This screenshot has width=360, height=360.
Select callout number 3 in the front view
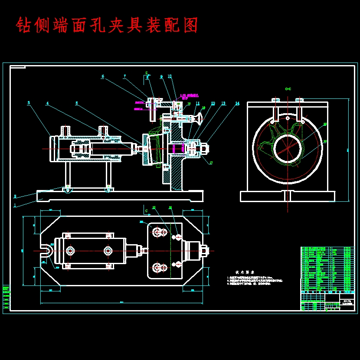tap(29, 103)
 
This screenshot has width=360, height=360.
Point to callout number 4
tap(47, 104)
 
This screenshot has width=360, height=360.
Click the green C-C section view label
tap(288, 89)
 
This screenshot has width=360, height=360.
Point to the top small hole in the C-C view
tap(287, 118)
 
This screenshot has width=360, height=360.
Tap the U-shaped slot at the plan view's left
tap(46, 250)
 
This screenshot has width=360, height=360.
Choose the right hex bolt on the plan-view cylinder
tap(108, 250)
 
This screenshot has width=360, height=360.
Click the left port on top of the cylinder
tap(65, 130)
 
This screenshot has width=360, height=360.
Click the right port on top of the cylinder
tap(103, 130)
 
